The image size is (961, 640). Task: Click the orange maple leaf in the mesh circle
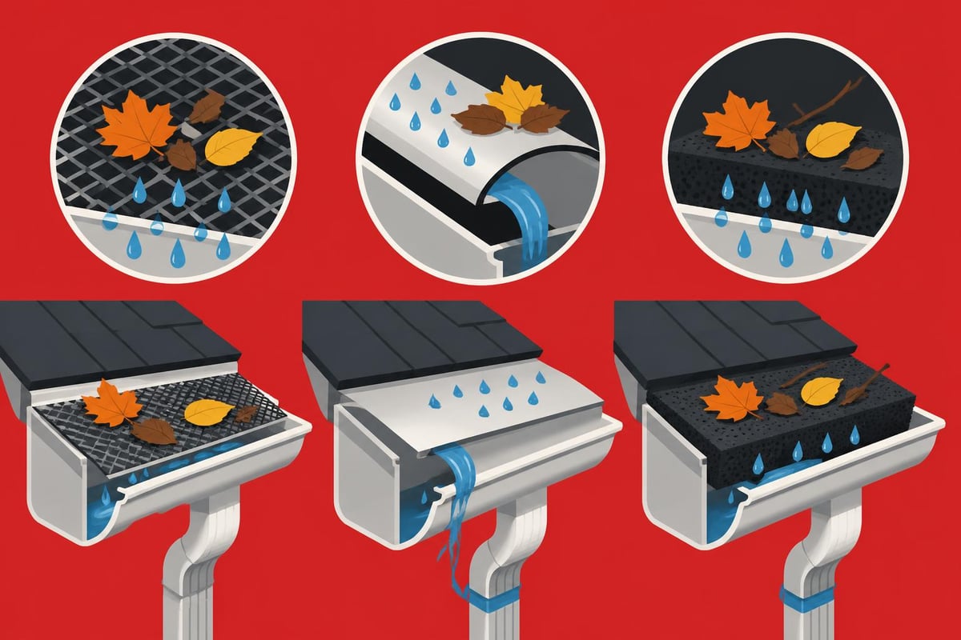(x=136, y=129)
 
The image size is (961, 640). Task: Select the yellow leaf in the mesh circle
(x=232, y=145)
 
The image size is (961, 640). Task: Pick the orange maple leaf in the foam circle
(x=736, y=119)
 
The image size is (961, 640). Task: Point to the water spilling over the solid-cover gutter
(x=456, y=496)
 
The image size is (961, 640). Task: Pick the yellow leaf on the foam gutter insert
(x=822, y=391)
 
